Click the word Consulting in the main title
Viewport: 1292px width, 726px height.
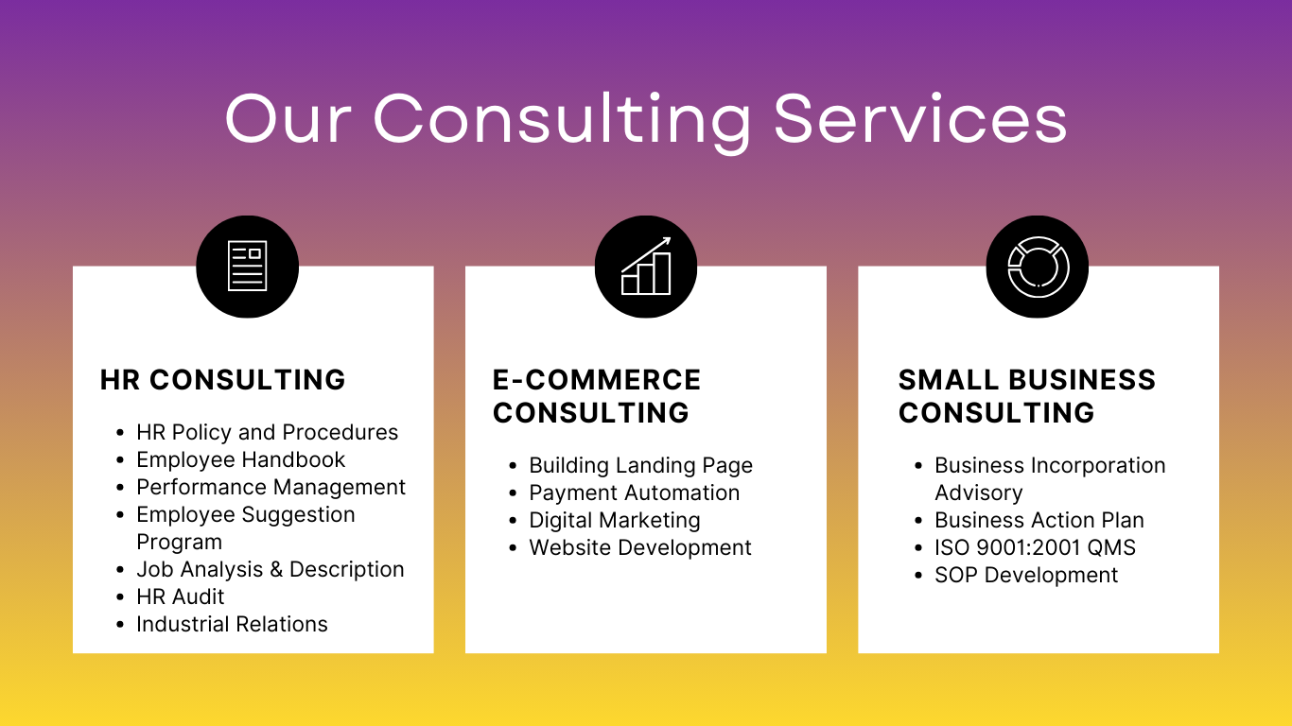[563, 122]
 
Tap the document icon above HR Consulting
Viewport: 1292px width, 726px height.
[248, 266]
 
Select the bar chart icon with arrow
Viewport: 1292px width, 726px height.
[646, 266]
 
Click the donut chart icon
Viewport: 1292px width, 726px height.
[1039, 267]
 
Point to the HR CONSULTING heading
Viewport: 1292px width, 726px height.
[222, 380]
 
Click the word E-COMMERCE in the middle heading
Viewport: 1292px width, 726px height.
[597, 380]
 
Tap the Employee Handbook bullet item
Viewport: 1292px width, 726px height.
[240, 459]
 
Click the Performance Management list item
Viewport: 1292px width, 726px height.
[271, 487]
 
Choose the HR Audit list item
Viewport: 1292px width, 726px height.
[180, 596]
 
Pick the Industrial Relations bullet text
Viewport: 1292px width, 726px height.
[232, 624]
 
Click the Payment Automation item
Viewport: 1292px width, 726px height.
[635, 493]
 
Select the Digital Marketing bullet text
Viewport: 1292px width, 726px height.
[615, 520]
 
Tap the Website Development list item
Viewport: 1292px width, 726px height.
[640, 548]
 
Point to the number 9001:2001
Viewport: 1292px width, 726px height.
[1026, 548]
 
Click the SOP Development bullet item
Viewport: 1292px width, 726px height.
[1026, 575]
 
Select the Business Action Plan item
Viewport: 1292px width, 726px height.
[1039, 520]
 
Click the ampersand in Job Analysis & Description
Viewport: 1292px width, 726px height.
[276, 570]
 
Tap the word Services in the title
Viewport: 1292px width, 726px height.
[920, 119]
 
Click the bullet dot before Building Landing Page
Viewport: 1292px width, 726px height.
[514, 465]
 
